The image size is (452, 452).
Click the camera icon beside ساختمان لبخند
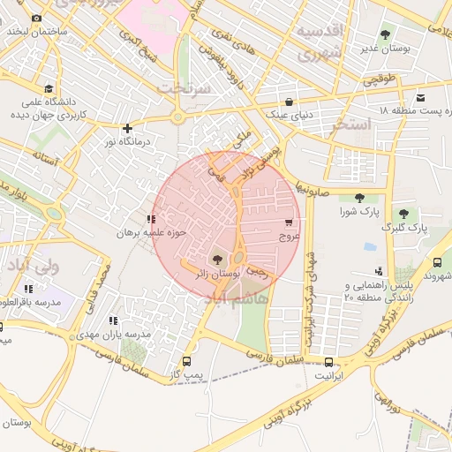[36, 19]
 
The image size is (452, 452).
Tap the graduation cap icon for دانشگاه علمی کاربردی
[48, 89]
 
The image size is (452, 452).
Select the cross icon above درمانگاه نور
[128, 128]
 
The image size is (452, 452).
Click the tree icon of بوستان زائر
[217, 260]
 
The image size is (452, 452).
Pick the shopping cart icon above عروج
[289, 222]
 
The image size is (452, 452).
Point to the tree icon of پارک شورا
[358, 198]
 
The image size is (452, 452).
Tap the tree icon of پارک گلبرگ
[403, 213]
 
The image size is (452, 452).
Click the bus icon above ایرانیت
[329, 362]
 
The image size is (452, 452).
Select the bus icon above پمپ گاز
[186, 361]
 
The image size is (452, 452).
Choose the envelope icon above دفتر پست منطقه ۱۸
[420, 97]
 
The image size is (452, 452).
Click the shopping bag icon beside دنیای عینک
[290, 101]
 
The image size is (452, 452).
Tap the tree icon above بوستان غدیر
[384, 34]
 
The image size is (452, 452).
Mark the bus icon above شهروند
[437, 262]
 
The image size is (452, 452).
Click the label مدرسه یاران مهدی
[113, 335]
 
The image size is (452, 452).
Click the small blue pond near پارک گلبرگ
[370, 247]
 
